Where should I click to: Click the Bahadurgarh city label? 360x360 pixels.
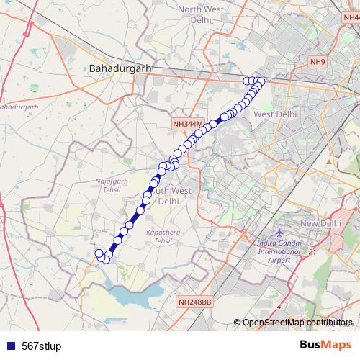tap(120, 68)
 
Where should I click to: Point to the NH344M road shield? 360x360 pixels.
tap(189, 124)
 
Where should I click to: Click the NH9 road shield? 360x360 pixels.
tap(318, 62)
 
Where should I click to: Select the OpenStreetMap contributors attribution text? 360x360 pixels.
tap(297, 322)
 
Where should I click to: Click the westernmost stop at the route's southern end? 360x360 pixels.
tap(99, 253)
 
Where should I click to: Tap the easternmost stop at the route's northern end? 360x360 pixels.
tap(261, 81)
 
